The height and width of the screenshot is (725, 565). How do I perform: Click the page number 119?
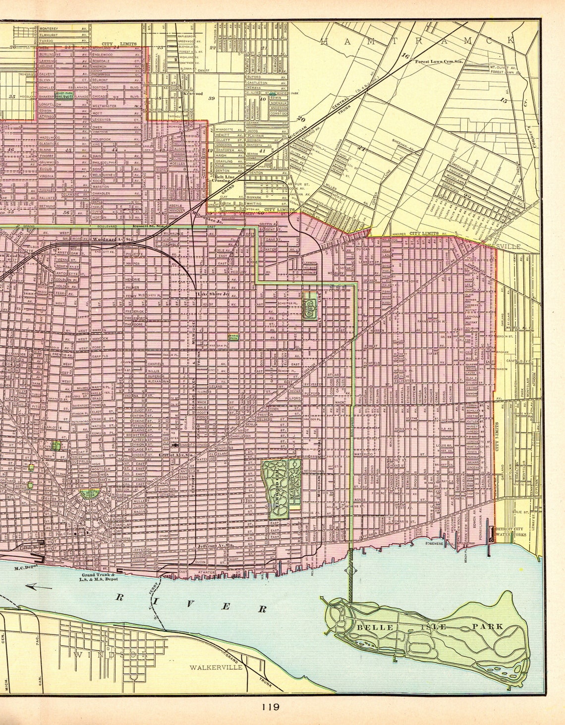[x=271, y=707]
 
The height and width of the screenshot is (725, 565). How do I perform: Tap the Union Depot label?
[x=30, y=547]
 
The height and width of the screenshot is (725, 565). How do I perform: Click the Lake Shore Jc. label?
[x=212, y=294]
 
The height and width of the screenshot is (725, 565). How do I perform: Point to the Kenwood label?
[x=193, y=93]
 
